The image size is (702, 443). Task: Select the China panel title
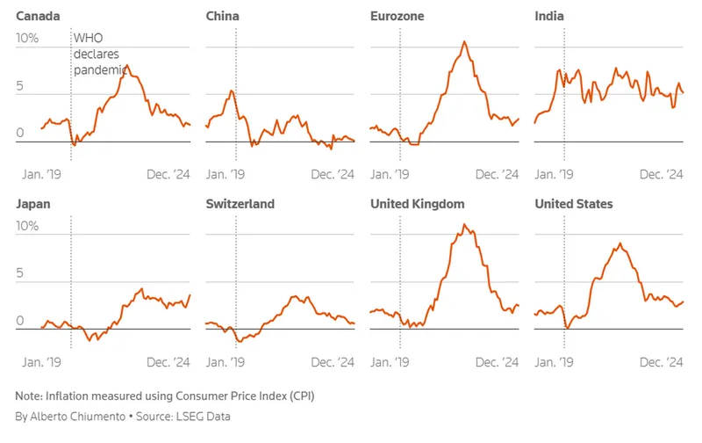coord(222,16)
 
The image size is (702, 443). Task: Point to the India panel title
coord(549,16)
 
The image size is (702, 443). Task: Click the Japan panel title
coord(33,204)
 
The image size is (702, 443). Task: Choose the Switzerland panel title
coord(240,204)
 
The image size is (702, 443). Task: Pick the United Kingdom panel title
coord(417,204)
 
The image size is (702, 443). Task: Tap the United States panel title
coord(574,204)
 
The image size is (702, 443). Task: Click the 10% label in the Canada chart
coord(27,39)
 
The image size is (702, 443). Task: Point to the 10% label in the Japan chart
coord(27,226)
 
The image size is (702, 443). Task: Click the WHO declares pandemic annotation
coord(101,54)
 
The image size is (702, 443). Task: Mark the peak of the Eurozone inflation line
coord(463,41)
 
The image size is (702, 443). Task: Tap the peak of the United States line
coord(620,243)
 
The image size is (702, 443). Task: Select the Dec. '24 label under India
coord(661,174)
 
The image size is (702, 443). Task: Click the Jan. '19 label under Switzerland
coord(226,362)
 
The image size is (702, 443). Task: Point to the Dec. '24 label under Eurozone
coord(497,174)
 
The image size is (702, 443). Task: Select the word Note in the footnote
coord(29,396)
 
